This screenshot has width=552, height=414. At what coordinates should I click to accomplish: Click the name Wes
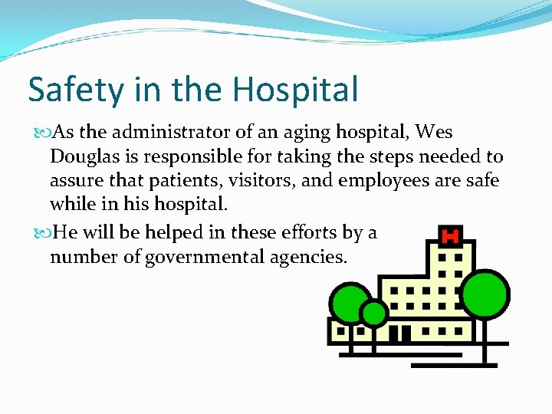pos(435,133)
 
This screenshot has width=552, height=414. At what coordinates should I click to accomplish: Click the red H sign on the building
pos(451,233)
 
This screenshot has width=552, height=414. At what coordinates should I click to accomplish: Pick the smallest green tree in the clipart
pos(374,313)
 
